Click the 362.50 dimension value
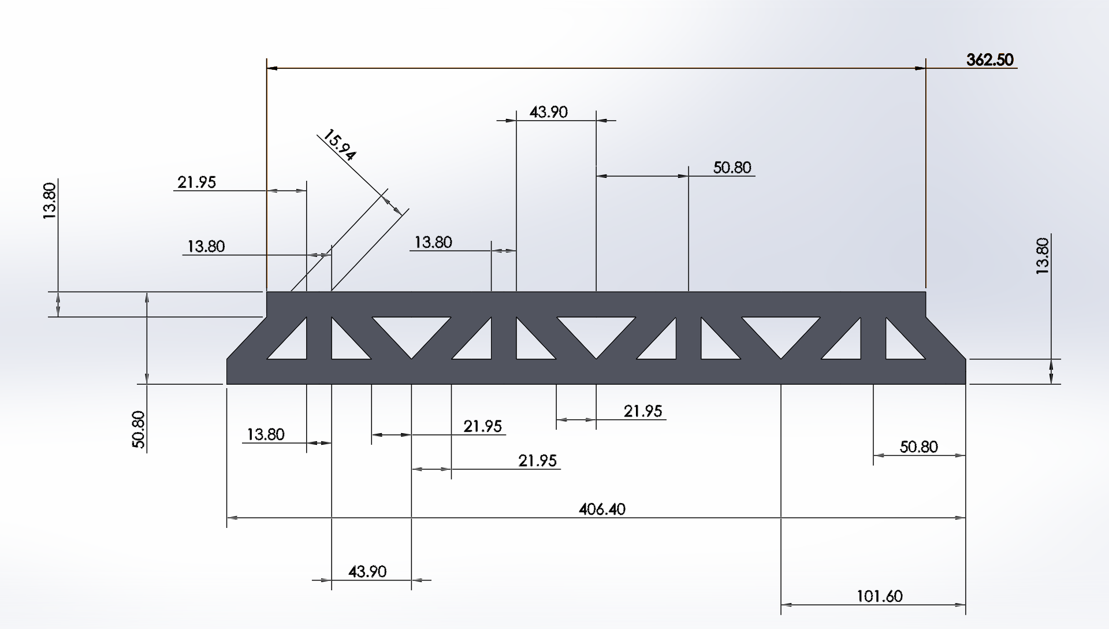(990, 60)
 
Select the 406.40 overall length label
(602, 509)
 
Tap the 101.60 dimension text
(879, 596)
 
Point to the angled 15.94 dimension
(340, 144)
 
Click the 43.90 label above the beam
(548, 112)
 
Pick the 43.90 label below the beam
(367, 571)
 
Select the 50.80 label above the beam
(732, 168)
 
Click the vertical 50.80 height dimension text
(139, 429)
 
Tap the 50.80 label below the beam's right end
(918, 446)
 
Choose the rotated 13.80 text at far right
(1042, 255)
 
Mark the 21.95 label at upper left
(196, 183)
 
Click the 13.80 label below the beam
(266, 434)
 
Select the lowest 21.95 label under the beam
(537, 460)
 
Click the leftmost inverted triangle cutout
(411, 332)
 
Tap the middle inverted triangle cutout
(596, 332)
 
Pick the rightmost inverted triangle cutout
(781, 332)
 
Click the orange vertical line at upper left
(267, 173)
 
